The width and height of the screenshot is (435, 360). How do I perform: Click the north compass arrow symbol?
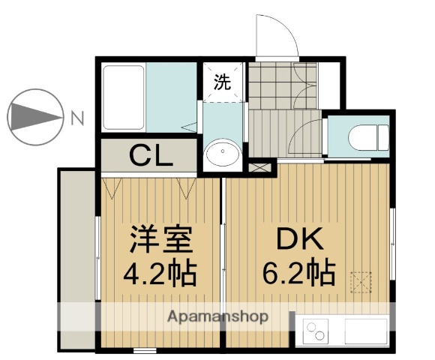tap(34, 117)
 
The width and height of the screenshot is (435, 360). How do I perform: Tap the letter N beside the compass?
tap(77, 117)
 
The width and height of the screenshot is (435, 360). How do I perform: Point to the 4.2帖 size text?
tap(160, 274)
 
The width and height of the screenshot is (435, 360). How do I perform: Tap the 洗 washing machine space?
tap(223, 83)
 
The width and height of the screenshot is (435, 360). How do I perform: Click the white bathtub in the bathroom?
tap(124, 98)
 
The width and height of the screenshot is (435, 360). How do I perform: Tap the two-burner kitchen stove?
tap(318, 331)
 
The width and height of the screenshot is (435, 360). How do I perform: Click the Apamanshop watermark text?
tap(217, 316)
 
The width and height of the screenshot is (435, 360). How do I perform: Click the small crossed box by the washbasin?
tap(260, 168)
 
